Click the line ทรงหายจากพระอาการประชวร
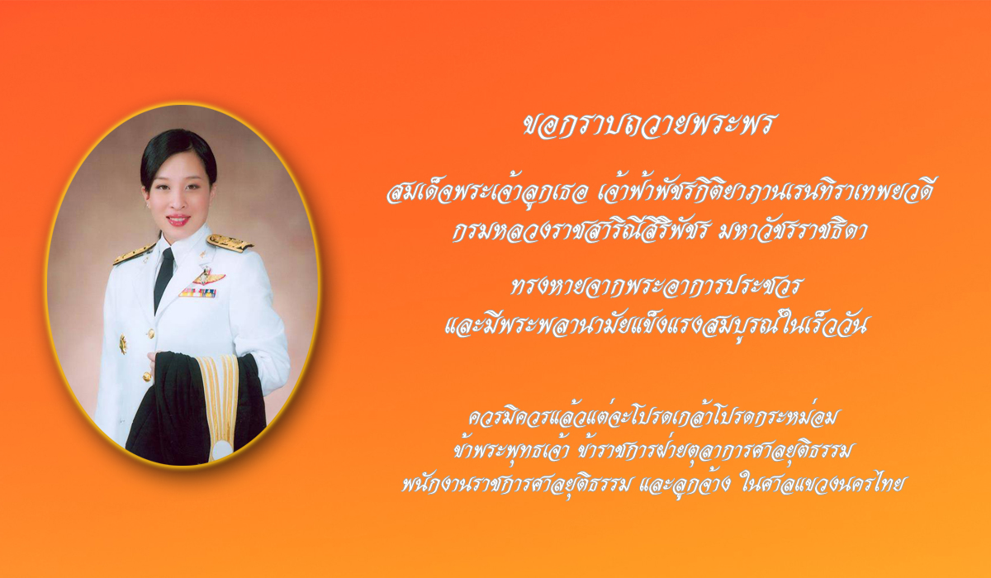[654, 287]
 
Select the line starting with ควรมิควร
[652, 417]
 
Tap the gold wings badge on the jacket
[206, 277]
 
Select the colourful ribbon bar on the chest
[197, 292]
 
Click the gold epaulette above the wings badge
[230, 242]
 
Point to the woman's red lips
[178, 219]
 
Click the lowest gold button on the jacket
[147, 377]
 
